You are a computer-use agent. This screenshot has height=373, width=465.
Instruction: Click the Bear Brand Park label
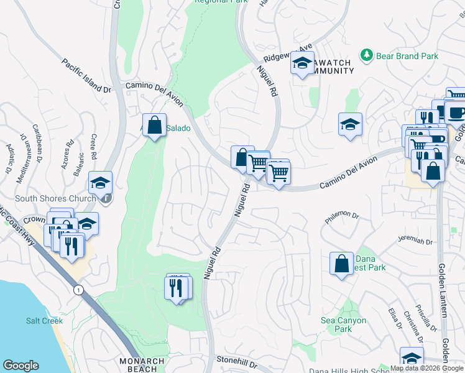[407, 56]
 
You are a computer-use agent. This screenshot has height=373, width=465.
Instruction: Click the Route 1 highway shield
[78, 290]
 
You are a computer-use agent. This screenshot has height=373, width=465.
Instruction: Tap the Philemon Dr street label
[342, 218]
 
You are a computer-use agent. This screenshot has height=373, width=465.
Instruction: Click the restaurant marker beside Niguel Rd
[177, 287]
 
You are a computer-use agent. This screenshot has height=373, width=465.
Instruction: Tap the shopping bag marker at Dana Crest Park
[341, 264]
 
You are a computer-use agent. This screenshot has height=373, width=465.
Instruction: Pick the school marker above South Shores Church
[99, 183]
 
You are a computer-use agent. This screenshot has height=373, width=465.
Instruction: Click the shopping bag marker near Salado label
[154, 125]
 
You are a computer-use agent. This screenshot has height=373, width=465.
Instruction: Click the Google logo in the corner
[21, 366]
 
